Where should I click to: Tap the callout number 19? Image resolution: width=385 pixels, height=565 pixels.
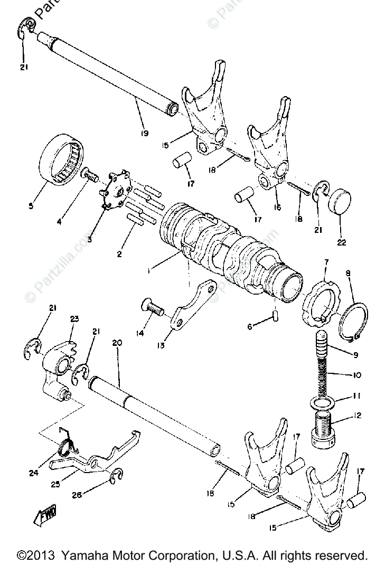click(144, 133)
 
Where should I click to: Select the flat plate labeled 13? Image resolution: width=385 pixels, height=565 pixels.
click(193, 307)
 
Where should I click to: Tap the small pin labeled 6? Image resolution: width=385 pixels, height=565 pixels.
click(276, 316)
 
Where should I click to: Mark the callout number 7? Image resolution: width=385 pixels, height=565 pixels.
click(326, 262)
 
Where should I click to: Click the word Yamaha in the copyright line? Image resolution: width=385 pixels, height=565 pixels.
click(83, 555)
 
